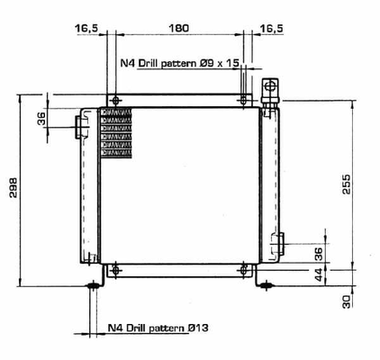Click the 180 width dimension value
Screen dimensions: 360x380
tap(179, 29)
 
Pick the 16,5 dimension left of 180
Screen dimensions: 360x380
tap(87, 29)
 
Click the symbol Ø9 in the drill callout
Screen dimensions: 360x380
tap(213, 63)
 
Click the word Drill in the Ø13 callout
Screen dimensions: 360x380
tap(139, 328)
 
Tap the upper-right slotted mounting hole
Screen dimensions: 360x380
tap(244, 99)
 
